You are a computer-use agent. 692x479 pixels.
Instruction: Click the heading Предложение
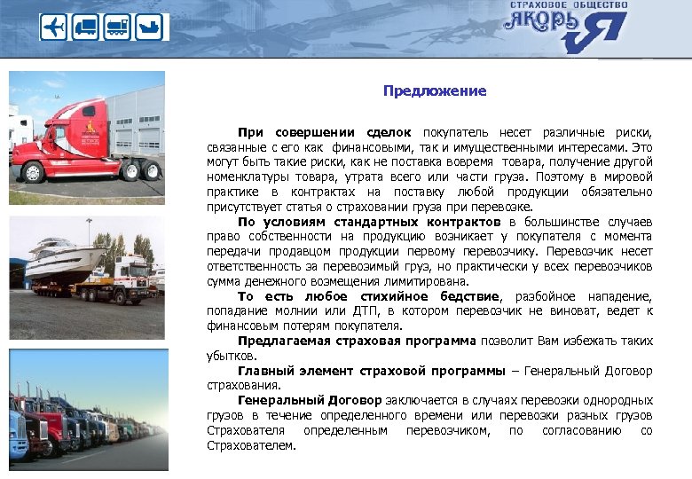click(x=435, y=91)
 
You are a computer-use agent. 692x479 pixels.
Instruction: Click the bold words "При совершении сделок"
click(x=326, y=130)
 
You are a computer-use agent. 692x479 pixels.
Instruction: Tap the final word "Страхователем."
click(x=252, y=446)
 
